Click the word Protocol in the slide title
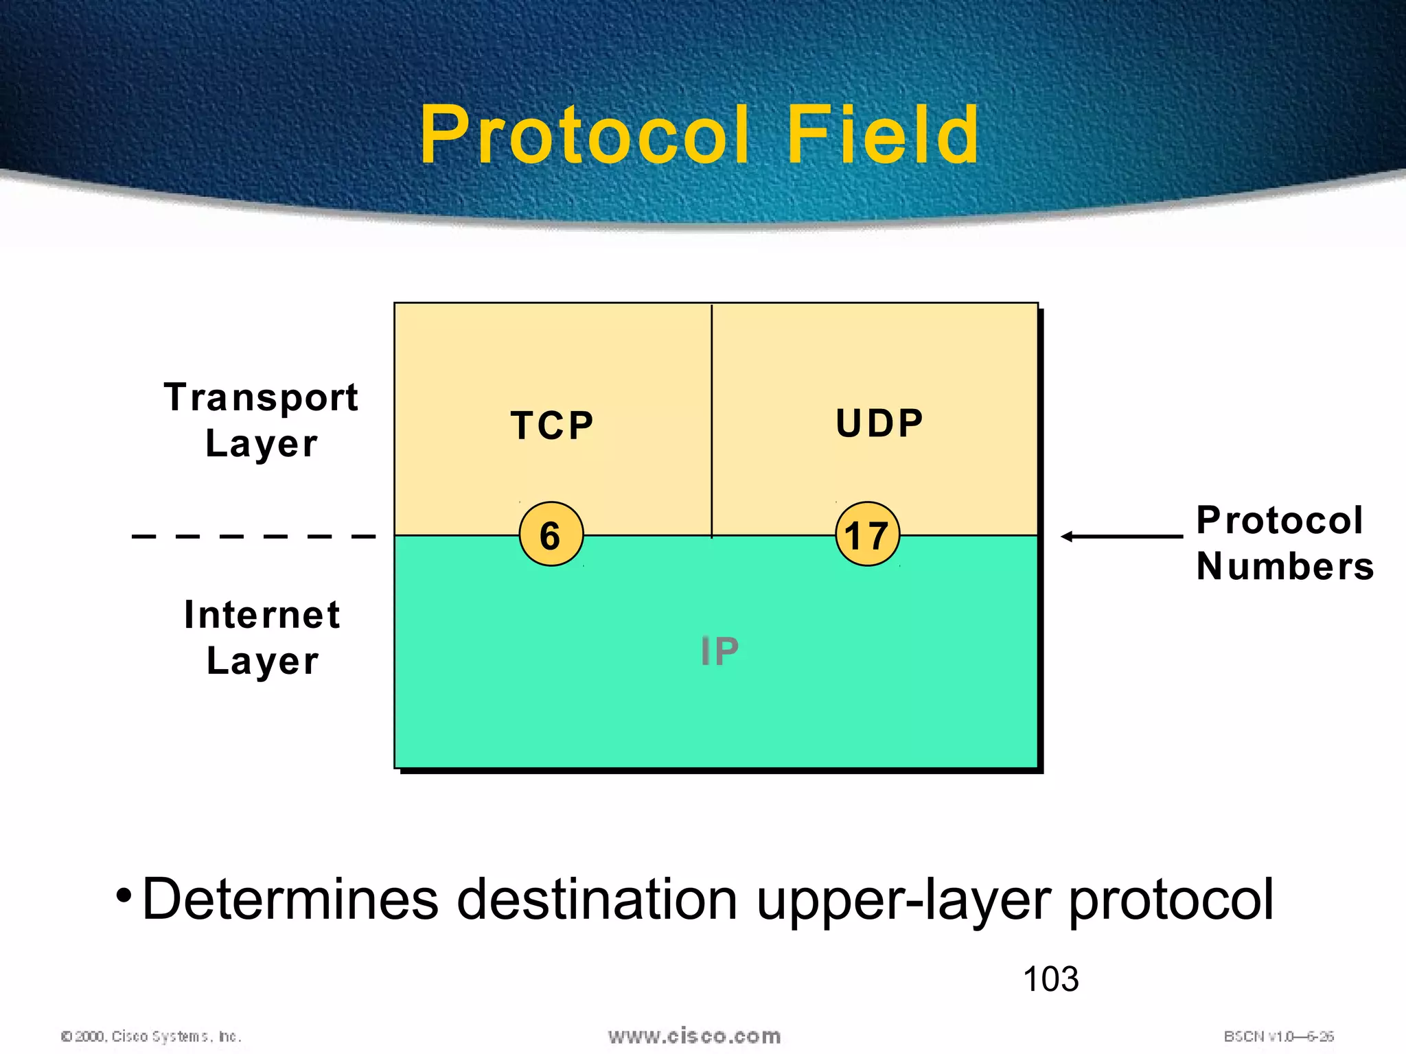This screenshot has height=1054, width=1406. pyautogui.click(x=584, y=135)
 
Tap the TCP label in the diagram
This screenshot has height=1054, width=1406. pyautogui.click(x=552, y=425)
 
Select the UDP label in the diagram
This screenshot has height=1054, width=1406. pyautogui.click(x=879, y=423)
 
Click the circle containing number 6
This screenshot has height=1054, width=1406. pyautogui.click(x=551, y=535)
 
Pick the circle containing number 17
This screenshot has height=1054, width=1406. pyautogui.click(x=867, y=535)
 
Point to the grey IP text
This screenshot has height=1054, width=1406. pyautogui.click(x=719, y=651)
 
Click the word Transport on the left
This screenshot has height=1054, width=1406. pyautogui.click(x=261, y=397)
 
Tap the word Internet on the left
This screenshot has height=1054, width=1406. pyautogui.click(x=262, y=615)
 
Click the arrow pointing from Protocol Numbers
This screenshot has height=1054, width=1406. pyautogui.click(x=1121, y=537)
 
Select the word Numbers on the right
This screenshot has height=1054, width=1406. pyautogui.click(x=1284, y=567)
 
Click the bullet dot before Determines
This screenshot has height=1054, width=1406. pyautogui.click(x=123, y=895)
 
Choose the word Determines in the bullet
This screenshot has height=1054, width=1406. pyautogui.click(x=290, y=899)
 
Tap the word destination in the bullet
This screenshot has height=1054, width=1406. pyautogui.click(x=597, y=899)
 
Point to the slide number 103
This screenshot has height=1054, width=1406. pyautogui.click(x=1050, y=979)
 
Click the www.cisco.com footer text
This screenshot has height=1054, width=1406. pyautogui.click(x=694, y=1036)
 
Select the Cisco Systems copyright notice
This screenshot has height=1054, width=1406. pyautogui.click(x=151, y=1036)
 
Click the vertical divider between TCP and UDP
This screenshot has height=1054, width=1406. pyautogui.click(x=712, y=419)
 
